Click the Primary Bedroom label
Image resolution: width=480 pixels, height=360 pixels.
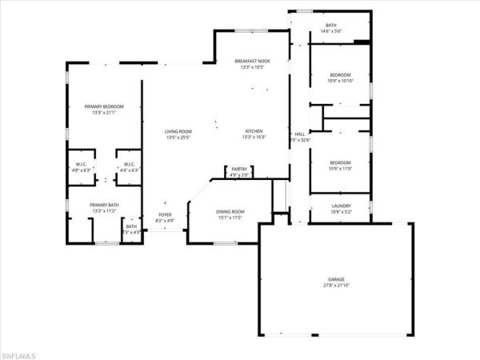(x=106, y=107)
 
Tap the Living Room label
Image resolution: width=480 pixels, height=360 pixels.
(x=178, y=132)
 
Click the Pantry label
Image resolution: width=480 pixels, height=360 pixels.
(x=239, y=169)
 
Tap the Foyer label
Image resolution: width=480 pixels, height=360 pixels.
(x=164, y=215)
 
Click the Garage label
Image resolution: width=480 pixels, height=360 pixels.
(x=334, y=279)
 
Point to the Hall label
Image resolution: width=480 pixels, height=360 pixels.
(x=299, y=134)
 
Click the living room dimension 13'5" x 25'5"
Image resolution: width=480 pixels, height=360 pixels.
(x=178, y=138)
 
